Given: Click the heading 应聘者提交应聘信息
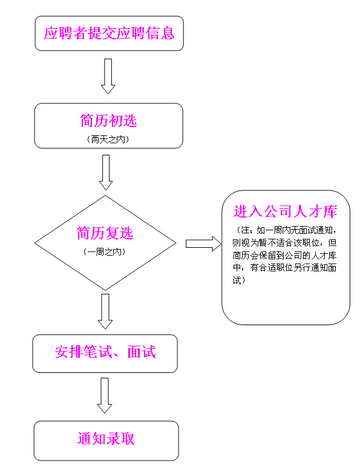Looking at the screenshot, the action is click(109, 33).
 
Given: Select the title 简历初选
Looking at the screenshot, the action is click(108, 121).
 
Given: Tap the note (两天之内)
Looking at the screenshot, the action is click(108, 139).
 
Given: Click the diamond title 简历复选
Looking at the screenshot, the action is click(105, 233).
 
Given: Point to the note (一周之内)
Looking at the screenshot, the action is click(105, 251).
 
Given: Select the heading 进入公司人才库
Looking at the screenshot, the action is click(286, 212).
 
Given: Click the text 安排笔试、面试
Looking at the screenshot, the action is click(105, 352).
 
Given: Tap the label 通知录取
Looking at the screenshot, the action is click(106, 439).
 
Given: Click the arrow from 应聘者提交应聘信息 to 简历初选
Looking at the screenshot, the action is click(108, 76).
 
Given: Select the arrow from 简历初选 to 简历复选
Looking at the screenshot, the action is click(106, 172).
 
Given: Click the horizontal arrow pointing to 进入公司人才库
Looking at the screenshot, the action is click(203, 244).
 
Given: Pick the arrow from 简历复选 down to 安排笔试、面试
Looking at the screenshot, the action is click(105, 311).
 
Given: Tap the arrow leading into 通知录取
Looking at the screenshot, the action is click(105, 395).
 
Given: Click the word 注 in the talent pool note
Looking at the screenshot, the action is click(246, 230).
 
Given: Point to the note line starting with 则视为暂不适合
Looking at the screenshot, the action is click(285, 243).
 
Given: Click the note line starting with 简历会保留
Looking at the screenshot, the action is click(285, 255).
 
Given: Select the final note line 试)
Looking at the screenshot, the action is click(239, 280).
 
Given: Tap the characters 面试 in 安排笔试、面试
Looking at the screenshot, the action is click(142, 352).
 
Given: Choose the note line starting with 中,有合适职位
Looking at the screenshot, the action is click(285, 268).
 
